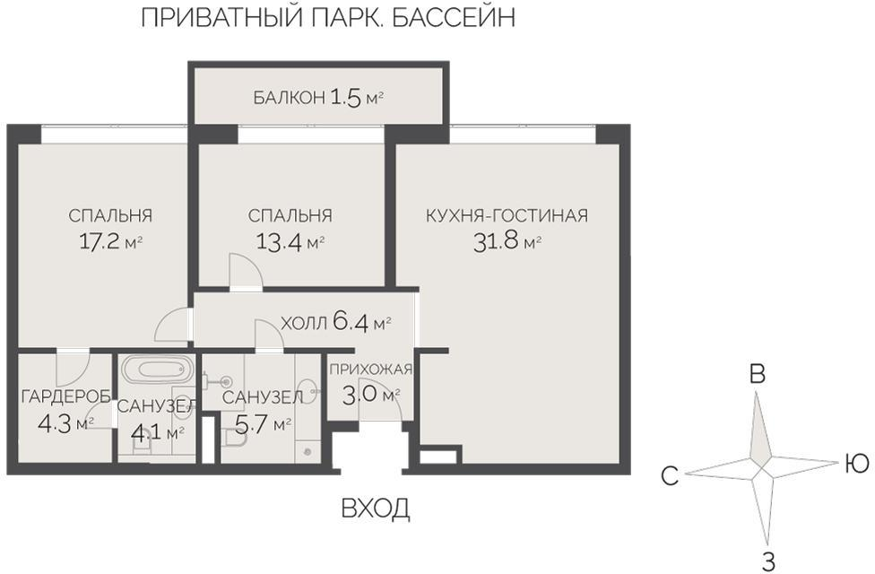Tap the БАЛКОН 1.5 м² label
click(x=318, y=98)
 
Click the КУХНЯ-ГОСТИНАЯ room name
click(x=507, y=216)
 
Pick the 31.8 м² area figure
click(x=507, y=241)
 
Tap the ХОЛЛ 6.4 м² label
click(x=336, y=323)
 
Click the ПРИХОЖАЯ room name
click(x=370, y=370)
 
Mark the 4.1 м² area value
click(x=157, y=432)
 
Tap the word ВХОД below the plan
click(x=376, y=509)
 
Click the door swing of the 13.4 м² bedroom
click(x=244, y=271)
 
